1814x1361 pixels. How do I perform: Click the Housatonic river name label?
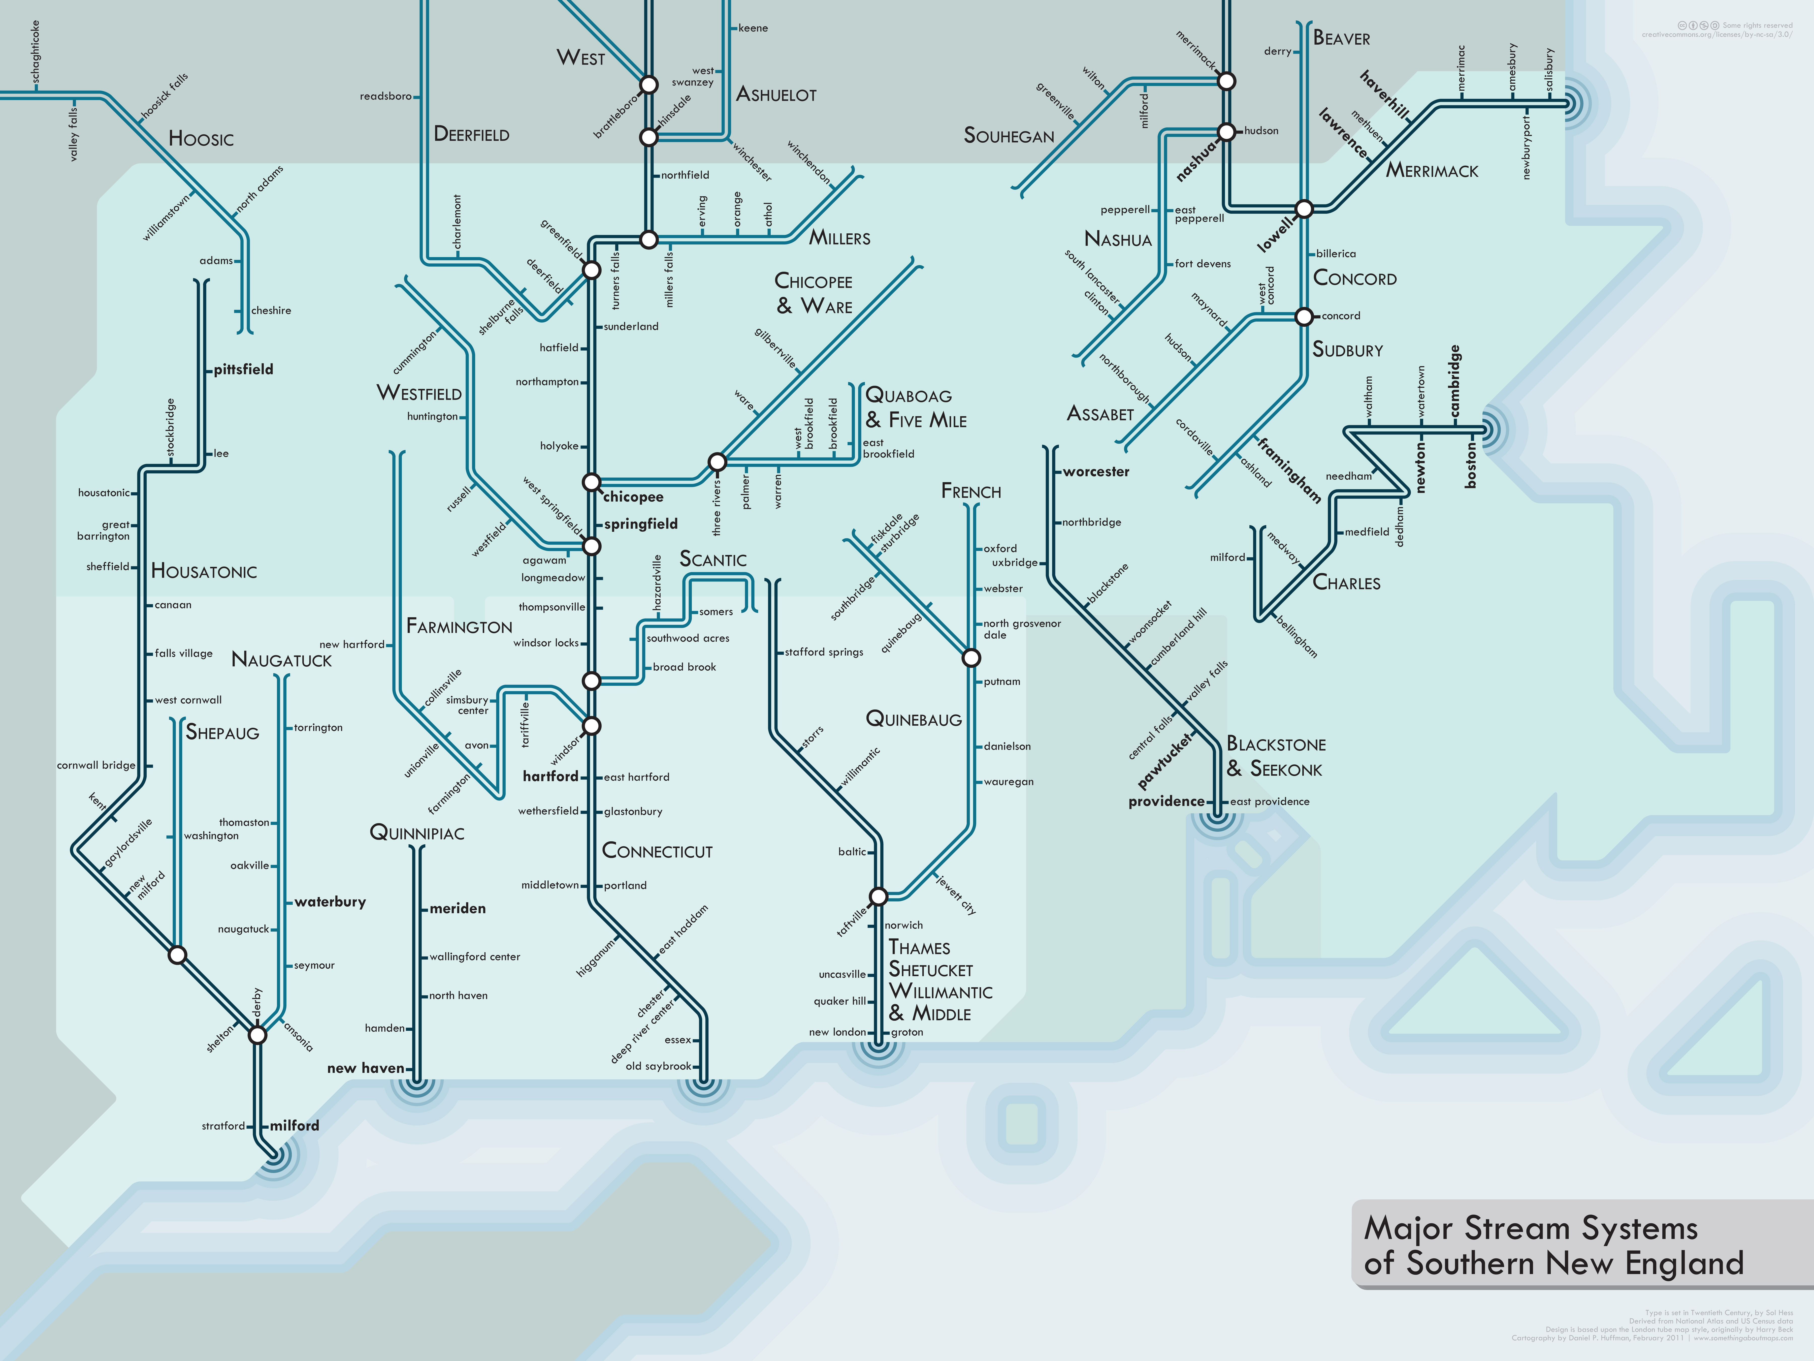(203, 572)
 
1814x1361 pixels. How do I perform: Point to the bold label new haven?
(366, 1068)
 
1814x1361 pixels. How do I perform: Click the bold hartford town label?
(550, 776)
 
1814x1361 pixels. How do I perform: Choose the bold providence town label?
(1166, 801)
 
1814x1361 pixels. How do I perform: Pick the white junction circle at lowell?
(1304, 208)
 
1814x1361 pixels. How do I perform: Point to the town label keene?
(753, 28)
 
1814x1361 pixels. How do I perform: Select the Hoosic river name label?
(201, 139)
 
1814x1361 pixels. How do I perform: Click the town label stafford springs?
(823, 652)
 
